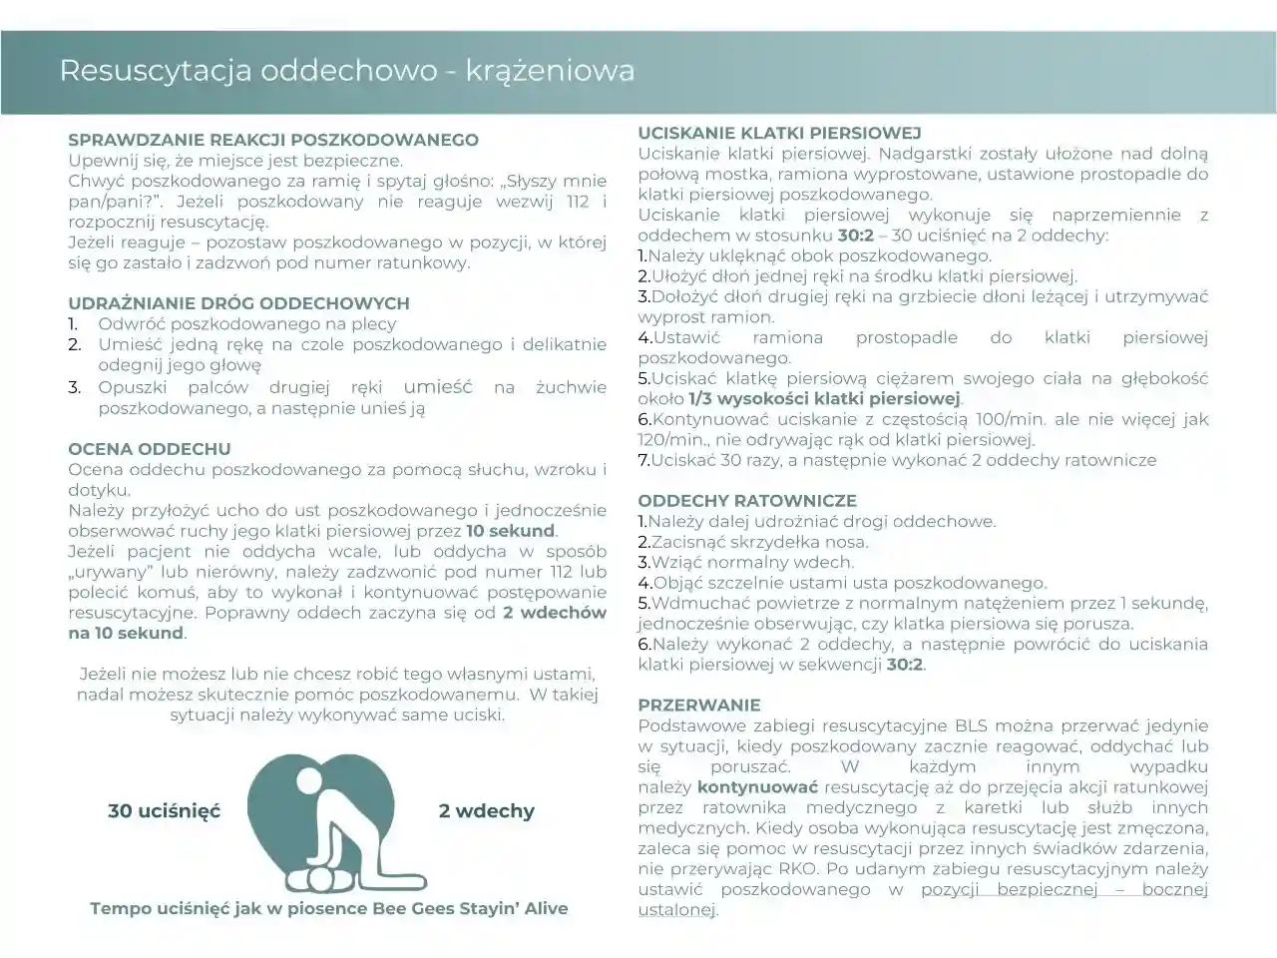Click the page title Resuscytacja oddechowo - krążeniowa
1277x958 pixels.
tap(346, 71)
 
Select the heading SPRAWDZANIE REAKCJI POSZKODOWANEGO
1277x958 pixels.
tap(272, 141)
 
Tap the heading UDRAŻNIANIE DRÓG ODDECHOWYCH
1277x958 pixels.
tap(238, 303)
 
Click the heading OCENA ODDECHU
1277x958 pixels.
tap(149, 449)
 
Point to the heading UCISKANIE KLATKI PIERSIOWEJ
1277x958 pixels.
tap(779, 133)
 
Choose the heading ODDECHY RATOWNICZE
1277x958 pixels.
tap(746, 501)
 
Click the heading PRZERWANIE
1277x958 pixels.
tap(698, 705)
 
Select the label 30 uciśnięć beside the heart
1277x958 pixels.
tap(164, 811)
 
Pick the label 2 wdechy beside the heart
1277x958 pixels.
tap(486, 811)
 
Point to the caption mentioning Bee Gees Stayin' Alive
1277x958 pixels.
tap(328, 908)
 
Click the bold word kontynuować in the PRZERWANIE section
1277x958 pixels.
tap(757, 787)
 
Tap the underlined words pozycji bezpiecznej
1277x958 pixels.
tap(1009, 889)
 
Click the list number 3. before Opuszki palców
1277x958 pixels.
tap(75, 387)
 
